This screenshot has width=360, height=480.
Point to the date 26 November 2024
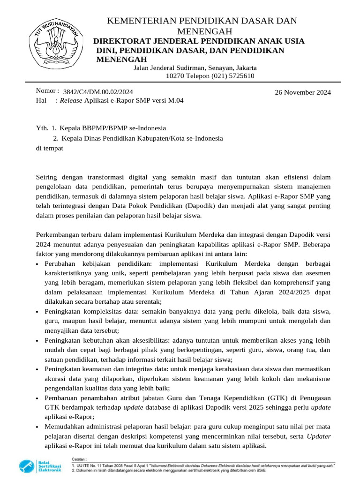(x=302, y=92)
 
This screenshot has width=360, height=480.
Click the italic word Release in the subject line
(x=71, y=100)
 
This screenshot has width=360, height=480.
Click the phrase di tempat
(x=49, y=148)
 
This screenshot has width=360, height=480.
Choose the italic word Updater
(x=318, y=436)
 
